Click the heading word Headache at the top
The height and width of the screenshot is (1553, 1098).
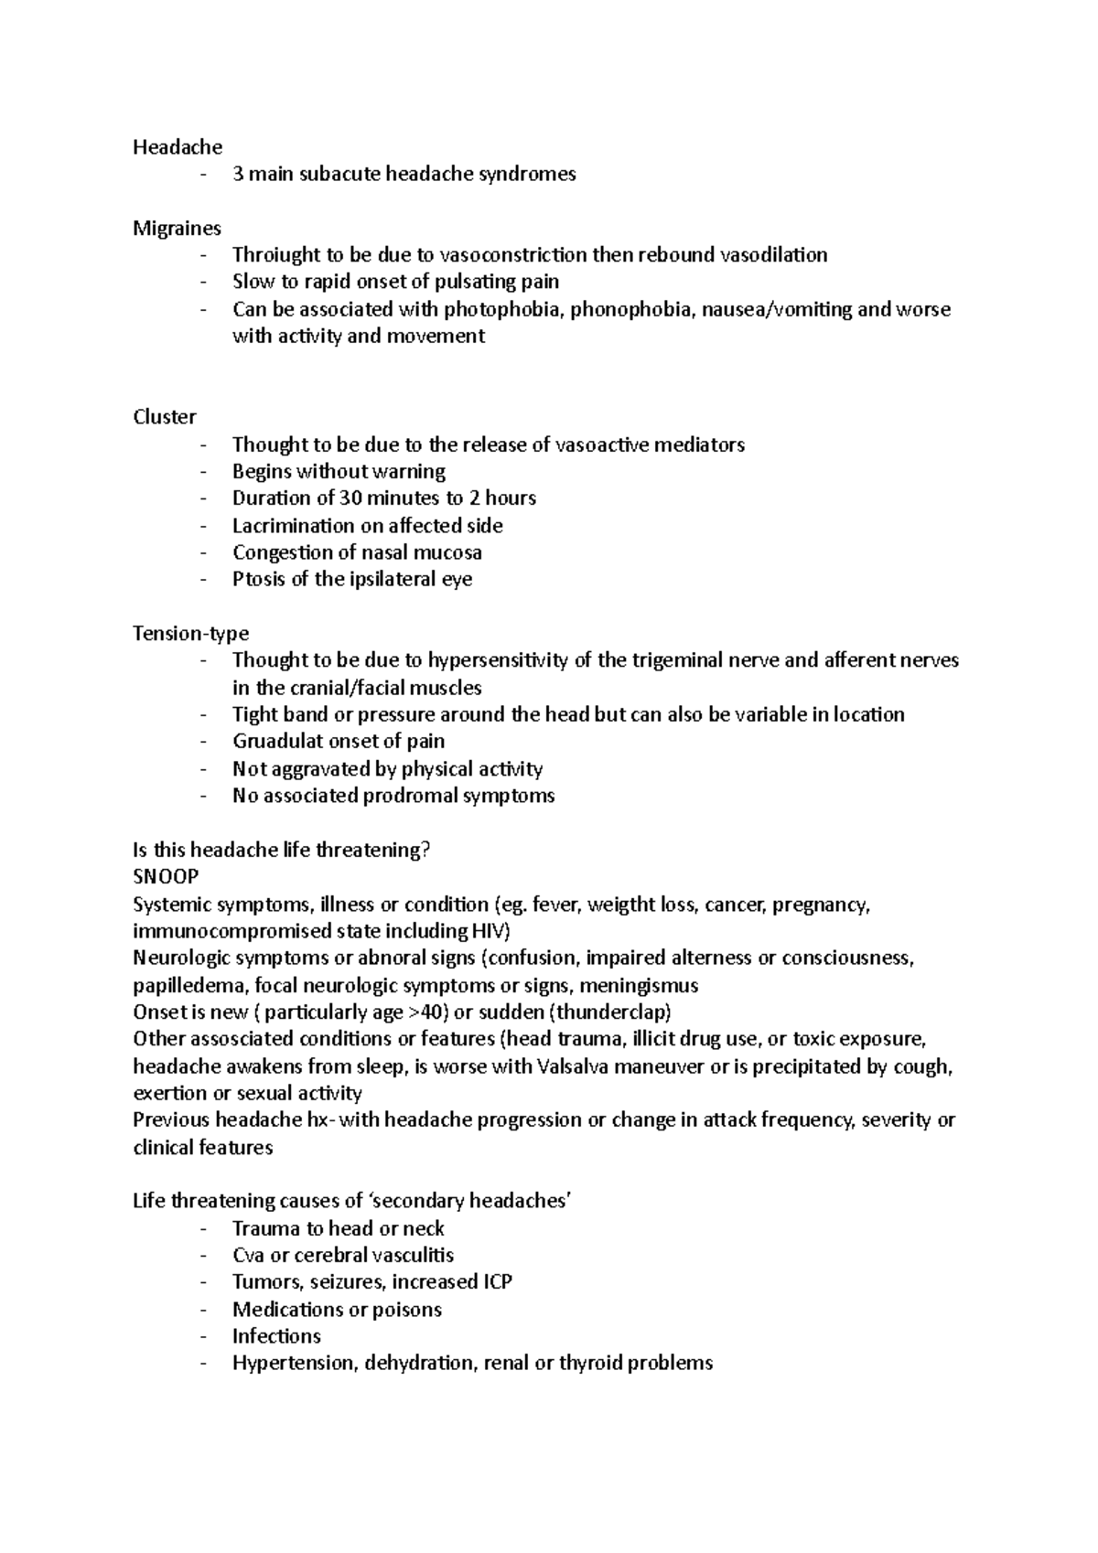tap(178, 147)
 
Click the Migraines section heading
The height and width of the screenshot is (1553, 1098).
tap(177, 229)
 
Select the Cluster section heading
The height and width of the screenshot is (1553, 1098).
tap(165, 417)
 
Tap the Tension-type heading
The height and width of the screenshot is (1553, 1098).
tap(190, 634)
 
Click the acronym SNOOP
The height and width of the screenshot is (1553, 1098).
tap(166, 877)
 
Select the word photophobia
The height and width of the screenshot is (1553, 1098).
tap(512, 309)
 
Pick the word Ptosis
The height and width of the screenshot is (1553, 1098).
tap(259, 580)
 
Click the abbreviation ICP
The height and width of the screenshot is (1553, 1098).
tap(493, 1282)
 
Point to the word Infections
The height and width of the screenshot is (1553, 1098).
tap(276, 1336)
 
